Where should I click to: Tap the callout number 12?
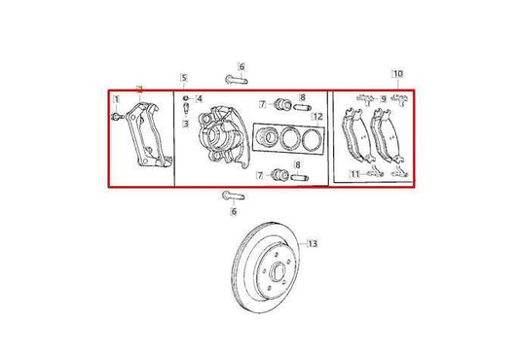316,117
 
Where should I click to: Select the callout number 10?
396,73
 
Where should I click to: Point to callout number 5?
183,77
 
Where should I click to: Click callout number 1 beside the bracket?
116,99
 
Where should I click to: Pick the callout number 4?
199,98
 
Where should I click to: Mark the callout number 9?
383,97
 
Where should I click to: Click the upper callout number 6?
242,66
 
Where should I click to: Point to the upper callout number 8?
302,97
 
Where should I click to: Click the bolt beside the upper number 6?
233,79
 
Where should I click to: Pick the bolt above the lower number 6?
234,196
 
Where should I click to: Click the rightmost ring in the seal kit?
310,139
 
